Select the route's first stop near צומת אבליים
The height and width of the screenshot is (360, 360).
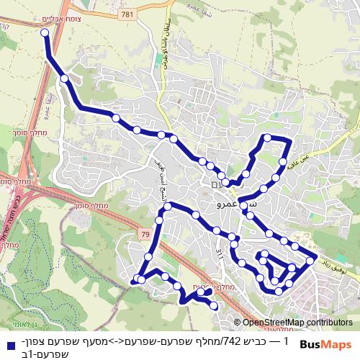click(45, 33)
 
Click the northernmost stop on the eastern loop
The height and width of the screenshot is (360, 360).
click(268, 138)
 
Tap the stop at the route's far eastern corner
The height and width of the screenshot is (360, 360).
click(311, 259)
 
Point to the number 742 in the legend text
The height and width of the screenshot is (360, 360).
click(232, 339)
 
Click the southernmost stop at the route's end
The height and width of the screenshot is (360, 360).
click(214, 306)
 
